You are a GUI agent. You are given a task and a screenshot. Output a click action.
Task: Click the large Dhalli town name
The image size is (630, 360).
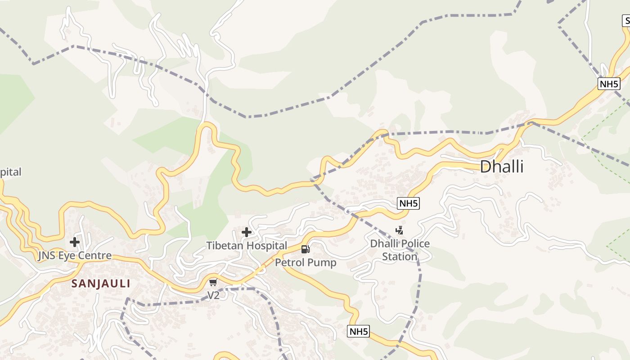pyautogui.click(x=502, y=167)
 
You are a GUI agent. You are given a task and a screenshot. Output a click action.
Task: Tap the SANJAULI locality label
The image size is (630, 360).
pyautogui.click(x=101, y=283)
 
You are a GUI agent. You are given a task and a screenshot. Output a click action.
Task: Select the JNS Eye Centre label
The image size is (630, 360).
pyautogui.click(x=75, y=256)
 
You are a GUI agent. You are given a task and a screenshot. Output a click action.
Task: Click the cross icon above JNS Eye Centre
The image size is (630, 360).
pyautogui.click(x=75, y=243)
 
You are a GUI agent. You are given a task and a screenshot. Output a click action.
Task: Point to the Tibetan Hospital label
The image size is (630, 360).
pyautogui.click(x=247, y=246)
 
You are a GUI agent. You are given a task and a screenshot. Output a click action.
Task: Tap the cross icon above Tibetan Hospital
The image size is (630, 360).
pyautogui.click(x=247, y=233)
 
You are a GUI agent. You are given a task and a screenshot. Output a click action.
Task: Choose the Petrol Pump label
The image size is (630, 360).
pyautogui.click(x=306, y=262)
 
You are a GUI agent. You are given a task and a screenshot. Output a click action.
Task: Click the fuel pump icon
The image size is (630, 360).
pyautogui.click(x=306, y=249)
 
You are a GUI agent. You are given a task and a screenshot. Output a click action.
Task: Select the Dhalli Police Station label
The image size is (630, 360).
pyautogui.click(x=400, y=250)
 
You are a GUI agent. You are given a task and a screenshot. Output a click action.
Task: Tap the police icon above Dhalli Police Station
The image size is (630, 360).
pyautogui.click(x=399, y=231)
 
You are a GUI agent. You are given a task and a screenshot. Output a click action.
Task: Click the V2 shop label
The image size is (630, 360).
pyautogui.click(x=213, y=296)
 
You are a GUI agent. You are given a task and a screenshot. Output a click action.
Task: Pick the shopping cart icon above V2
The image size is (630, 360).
pyautogui.click(x=213, y=283)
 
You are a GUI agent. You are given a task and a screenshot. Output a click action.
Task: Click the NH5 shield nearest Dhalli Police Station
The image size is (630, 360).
pyautogui.click(x=409, y=203)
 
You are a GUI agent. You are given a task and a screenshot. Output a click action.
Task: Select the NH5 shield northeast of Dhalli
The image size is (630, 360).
pyautogui.click(x=609, y=84)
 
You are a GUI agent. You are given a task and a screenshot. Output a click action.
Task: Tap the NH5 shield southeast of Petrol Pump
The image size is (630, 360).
pyautogui.click(x=359, y=332)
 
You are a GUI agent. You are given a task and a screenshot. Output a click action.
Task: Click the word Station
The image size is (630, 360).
pyautogui.click(x=400, y=256)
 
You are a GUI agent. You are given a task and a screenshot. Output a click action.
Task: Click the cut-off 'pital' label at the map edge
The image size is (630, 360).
pyautogui.click(x=10, y=172)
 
